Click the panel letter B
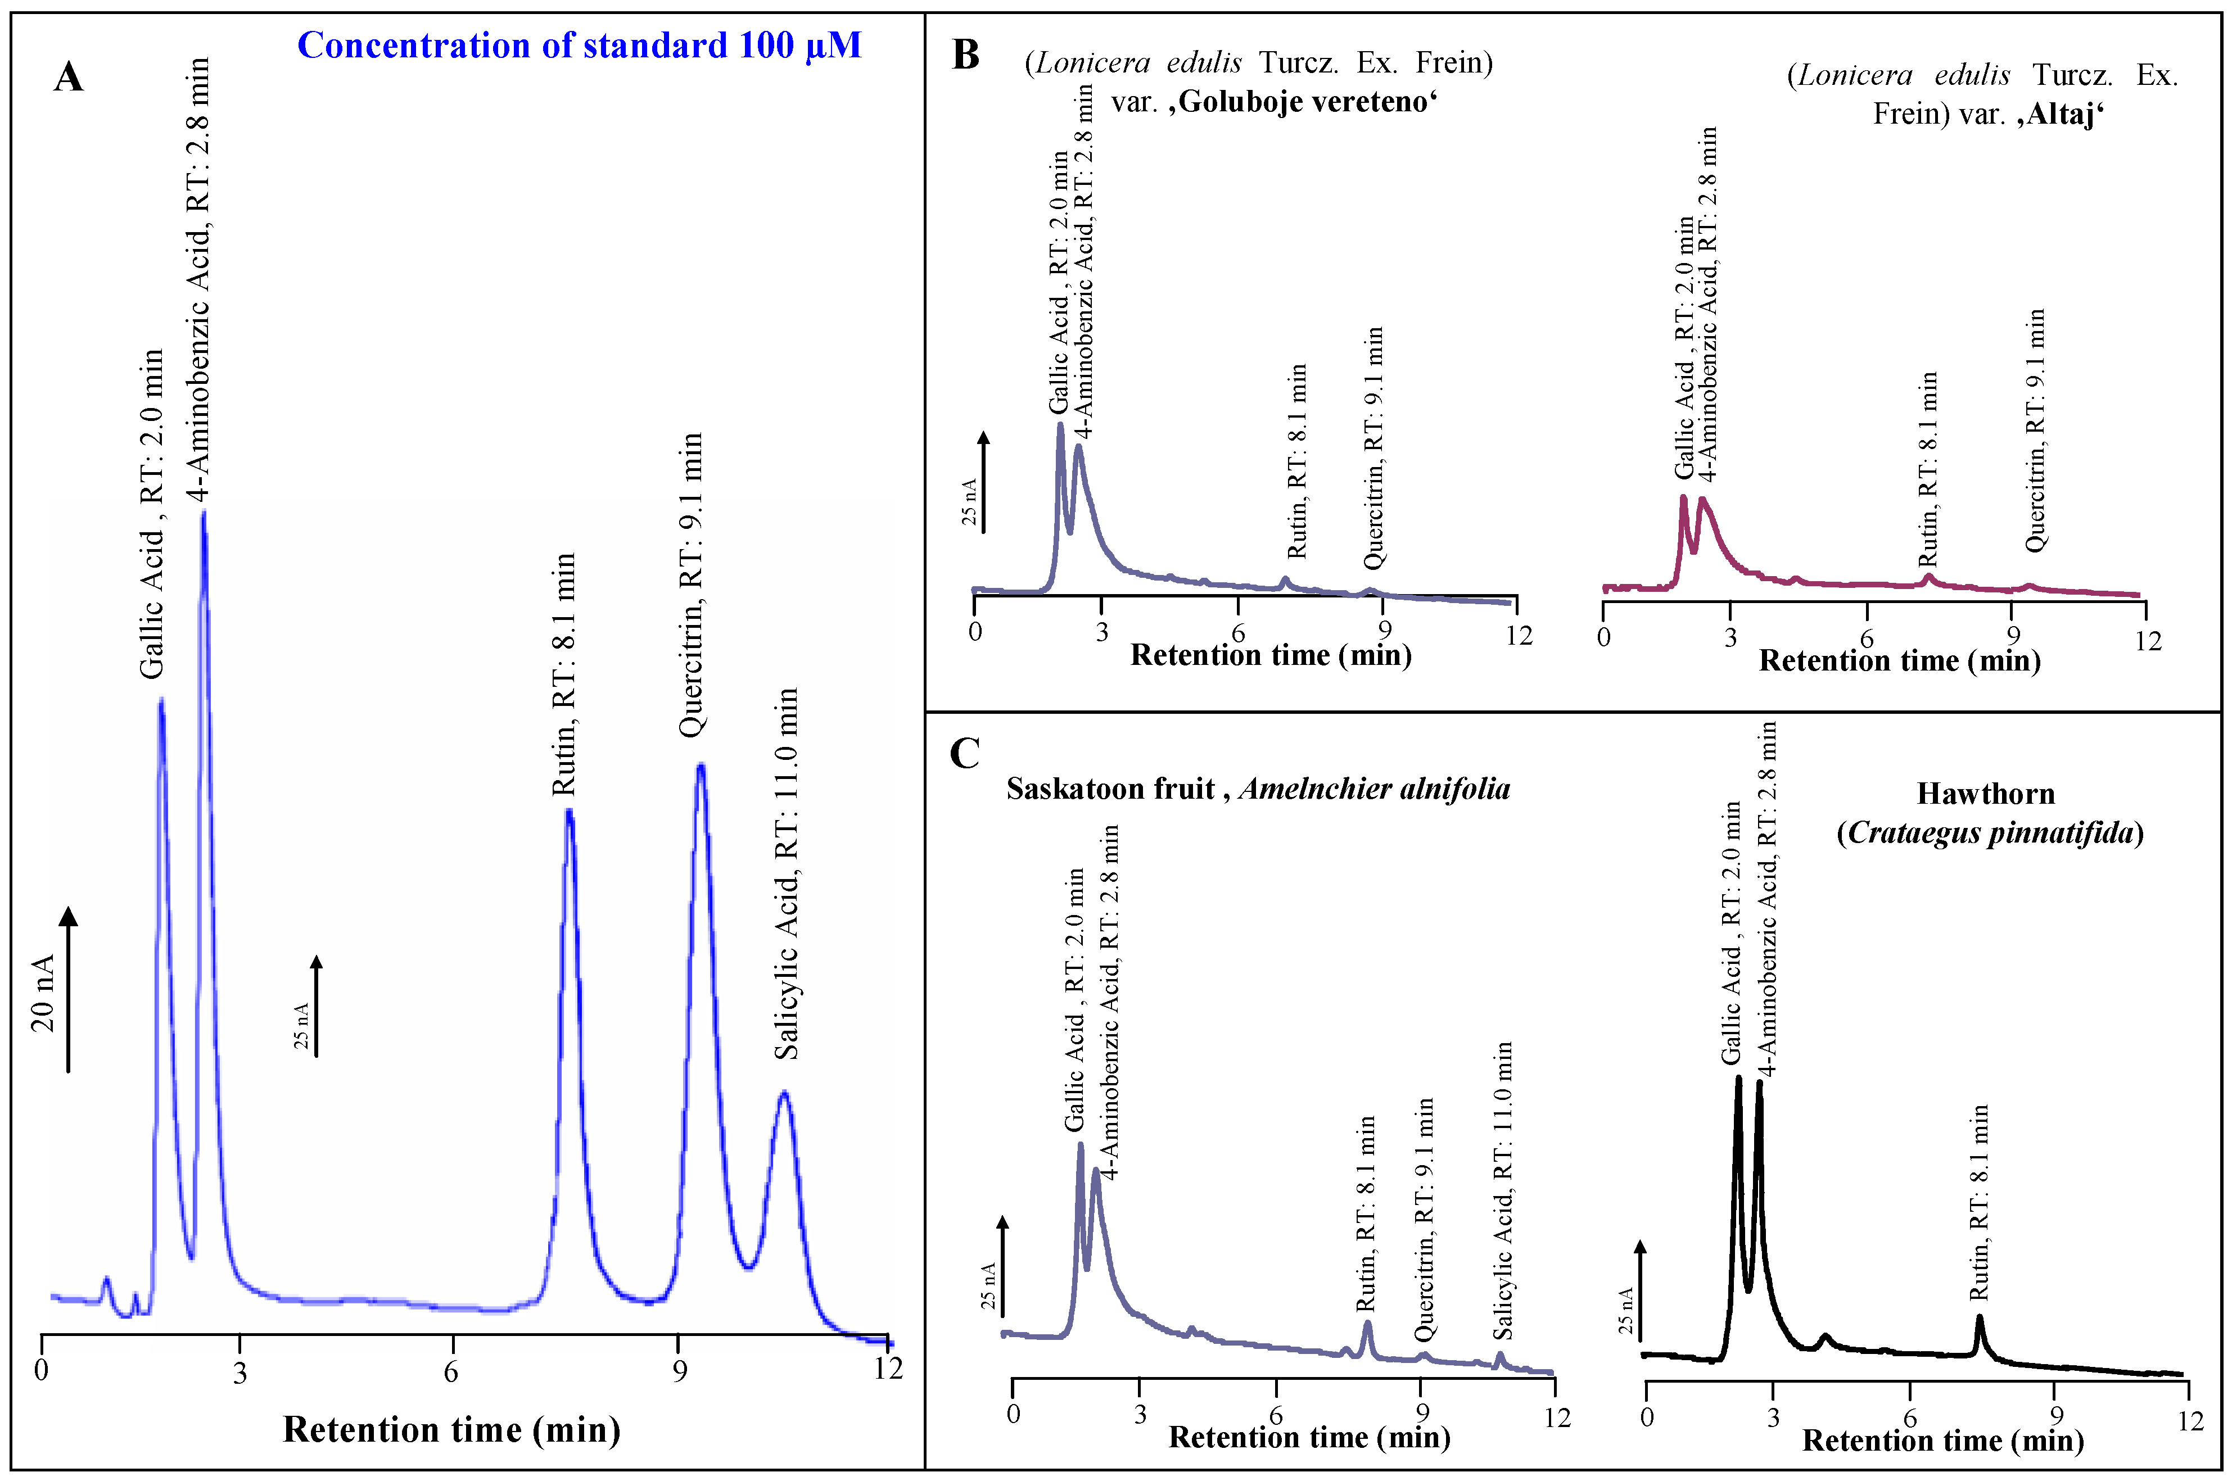965,55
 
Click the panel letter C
964,753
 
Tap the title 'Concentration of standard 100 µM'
579,46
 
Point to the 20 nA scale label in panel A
43,993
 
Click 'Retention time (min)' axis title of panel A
451,1429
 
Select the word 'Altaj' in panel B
2061,114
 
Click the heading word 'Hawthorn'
1986,794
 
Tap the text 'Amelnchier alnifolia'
1374,789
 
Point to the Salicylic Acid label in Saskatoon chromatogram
1502,1190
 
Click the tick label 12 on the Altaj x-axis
2148,641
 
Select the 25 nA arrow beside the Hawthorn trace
1641,1289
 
